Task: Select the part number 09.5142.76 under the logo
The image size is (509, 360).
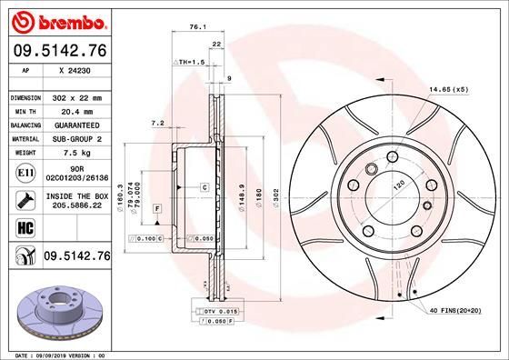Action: click(x=59, y=53)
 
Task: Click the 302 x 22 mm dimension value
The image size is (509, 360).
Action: click(x=76, y=97)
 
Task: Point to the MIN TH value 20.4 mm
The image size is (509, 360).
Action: click(x=76, y=111)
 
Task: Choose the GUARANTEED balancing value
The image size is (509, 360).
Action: click(x=76, y=125)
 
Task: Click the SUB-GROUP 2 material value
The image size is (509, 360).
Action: click(x=76, y=138)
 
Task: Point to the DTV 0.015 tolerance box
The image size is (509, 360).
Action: click(x=215, y=312)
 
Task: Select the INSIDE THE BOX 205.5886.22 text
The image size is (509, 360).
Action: click(x=76, y=202)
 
